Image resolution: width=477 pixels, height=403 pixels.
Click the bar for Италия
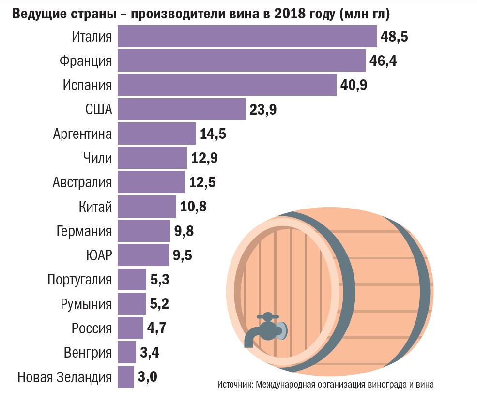247,36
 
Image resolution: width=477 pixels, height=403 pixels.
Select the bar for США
182,109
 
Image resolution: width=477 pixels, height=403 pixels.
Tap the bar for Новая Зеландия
126,377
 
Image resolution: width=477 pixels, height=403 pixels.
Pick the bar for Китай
147,207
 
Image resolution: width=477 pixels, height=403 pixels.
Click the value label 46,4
384,61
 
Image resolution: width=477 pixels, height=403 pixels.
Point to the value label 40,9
354,85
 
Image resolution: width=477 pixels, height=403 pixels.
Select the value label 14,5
213,134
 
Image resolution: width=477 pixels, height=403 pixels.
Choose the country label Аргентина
82,134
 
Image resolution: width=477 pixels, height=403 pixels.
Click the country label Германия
84,231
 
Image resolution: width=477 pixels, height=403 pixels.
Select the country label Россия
92,328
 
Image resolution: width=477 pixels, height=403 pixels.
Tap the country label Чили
97,158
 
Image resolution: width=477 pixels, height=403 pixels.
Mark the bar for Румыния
132,304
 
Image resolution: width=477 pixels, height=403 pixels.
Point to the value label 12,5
202,182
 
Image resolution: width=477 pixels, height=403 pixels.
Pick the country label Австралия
82,182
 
